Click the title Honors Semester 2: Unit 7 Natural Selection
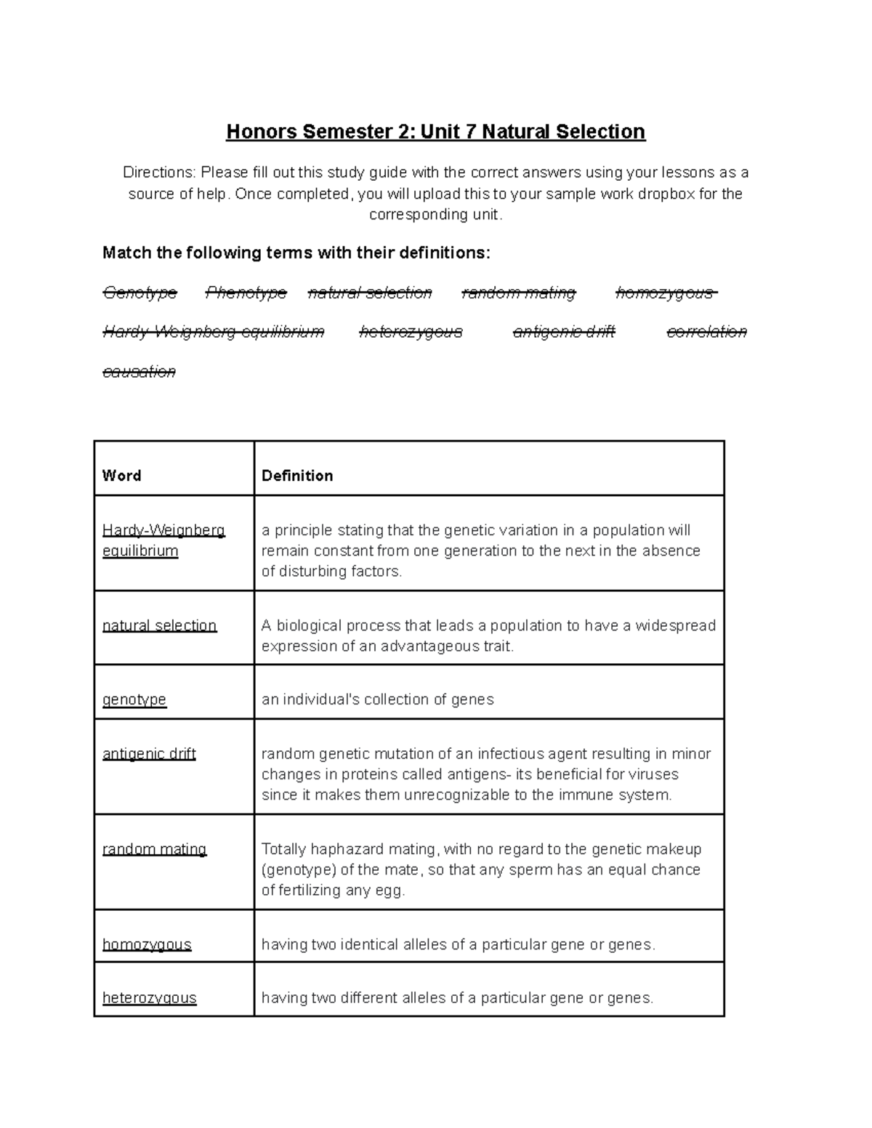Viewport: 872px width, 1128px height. click(435, 131)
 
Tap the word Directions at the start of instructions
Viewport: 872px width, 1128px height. click(158, 173)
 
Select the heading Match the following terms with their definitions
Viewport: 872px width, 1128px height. click(296, 253)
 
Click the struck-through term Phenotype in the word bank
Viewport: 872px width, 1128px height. click(246, 293)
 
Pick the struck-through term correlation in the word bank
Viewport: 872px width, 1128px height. click(706, 332)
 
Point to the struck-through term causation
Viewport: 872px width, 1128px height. click(139, 372)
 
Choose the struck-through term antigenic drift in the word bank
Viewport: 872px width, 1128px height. click(563, 332)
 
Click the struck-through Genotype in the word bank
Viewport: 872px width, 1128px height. click(140, 293)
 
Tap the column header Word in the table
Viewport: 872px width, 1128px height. click(121, 476)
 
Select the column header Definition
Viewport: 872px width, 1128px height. click(297, 476)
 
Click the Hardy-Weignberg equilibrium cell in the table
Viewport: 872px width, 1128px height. click(163, 540)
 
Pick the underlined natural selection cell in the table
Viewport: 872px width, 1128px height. click(159, 625)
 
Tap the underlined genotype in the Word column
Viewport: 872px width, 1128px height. click(134, 699)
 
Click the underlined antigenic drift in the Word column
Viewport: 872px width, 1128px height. click(149, 754)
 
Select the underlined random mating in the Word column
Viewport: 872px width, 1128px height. click(154, 849)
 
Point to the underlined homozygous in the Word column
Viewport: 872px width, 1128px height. click(147, 944)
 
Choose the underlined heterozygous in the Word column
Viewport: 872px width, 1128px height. click(149, 998)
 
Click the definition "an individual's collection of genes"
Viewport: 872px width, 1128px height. click(377, 699)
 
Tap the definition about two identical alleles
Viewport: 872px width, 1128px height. click(458, 944)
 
